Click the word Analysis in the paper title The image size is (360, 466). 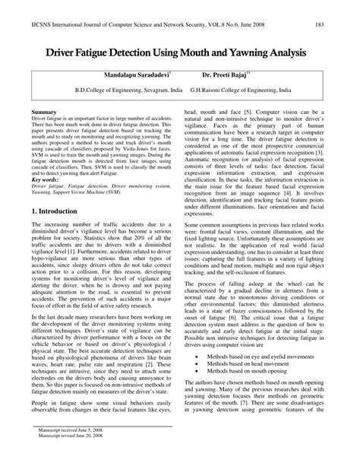[x=289, y=53]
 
